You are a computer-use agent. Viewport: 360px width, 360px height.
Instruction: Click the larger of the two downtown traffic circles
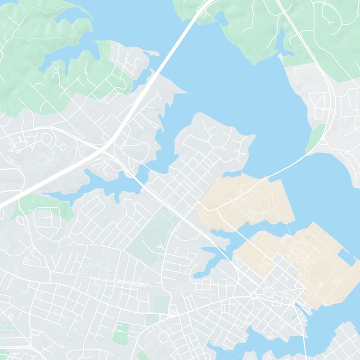click(x=269, y=292)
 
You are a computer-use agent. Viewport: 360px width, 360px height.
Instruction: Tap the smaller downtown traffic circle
click(x=253, y=296)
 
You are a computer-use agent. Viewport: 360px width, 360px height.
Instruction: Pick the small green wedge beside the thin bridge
click(x=315, y=137)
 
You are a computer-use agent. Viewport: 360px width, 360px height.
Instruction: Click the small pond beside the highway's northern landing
click(x=221, y=19)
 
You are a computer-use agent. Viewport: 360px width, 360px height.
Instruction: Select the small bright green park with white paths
click(x=121, y=333)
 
